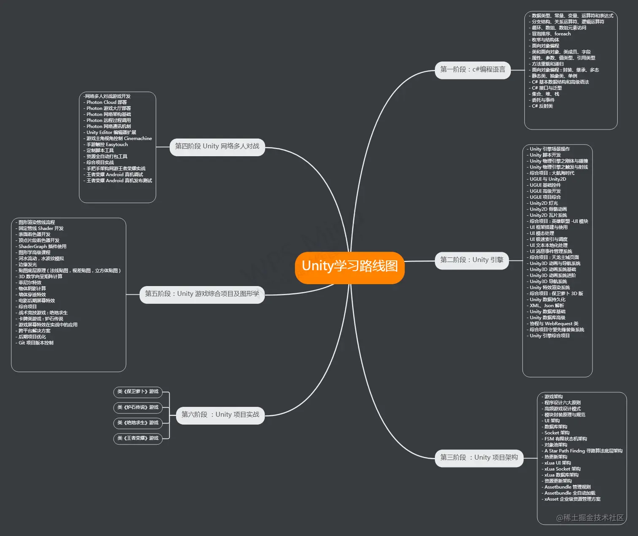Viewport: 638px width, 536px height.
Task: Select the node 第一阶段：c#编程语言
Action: pos(473,70)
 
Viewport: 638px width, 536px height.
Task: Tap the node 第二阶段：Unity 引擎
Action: pos(472,260)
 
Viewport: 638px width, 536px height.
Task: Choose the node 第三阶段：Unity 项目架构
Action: pos(479,457)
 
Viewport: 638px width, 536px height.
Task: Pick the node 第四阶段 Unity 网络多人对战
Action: pos(217,146)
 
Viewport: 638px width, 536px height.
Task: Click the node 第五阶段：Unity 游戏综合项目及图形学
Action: pos(202,294)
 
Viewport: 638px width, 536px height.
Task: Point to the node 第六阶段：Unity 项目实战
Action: pos(220,415)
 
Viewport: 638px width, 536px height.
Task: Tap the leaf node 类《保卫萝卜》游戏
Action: pos(138,392)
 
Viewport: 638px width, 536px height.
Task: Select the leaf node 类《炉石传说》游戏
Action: pos(138,407)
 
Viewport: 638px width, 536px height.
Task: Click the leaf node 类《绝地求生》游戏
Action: pos(138,423)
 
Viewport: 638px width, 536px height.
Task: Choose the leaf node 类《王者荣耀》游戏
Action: pos(138,439)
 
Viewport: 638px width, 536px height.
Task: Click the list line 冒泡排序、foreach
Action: pos(551,34)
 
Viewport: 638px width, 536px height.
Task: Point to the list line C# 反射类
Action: pos(542,106)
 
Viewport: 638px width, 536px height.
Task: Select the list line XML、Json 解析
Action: pos(547,306)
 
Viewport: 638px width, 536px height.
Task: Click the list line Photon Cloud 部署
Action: pos(106,103)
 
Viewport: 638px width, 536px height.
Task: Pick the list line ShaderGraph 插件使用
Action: pos(42,246)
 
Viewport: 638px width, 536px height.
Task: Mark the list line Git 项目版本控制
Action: pos(36,343)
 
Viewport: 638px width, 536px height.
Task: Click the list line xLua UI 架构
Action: pos(557,463)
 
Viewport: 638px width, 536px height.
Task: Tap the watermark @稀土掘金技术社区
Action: pos(589,518)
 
